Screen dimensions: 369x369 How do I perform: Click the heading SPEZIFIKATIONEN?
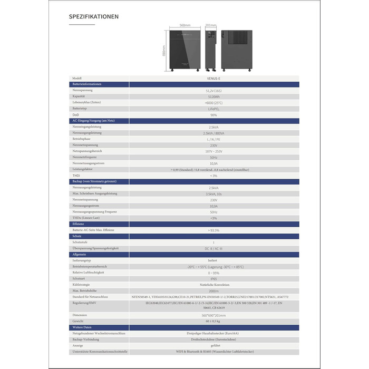94,16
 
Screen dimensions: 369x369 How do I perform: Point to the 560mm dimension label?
184,25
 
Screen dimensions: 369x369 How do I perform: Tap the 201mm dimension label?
210,25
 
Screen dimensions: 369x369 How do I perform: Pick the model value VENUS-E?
213,78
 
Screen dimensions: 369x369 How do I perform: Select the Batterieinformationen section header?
86,84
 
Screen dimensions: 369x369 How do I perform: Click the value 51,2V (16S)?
213,91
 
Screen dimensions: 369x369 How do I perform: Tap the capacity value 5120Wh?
213,96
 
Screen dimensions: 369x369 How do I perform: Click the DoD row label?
75,114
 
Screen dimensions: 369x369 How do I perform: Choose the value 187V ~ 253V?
213,151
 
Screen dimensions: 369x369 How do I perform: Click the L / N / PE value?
213,139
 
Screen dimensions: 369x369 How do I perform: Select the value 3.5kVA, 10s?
213,194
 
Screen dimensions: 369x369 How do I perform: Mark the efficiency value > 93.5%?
213,230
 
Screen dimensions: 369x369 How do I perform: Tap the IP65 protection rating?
213,278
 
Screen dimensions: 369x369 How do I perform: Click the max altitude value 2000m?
213,290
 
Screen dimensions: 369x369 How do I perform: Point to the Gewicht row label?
79,321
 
